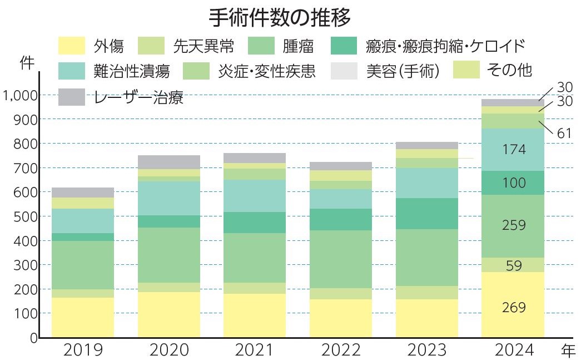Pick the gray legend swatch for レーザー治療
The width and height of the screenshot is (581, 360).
point(72,97)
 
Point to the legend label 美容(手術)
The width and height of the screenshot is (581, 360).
point(403,71)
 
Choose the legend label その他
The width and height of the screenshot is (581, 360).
point(509,71)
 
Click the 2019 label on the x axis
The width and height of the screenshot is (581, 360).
point(83,351)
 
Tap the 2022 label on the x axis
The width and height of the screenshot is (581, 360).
point(341,351)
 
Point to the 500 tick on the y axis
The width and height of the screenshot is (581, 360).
point(26,217)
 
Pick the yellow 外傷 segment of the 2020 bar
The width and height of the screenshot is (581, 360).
point(169,314)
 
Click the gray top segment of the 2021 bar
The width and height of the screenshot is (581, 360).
point(255,158)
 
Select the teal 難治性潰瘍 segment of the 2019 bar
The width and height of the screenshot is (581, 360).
point(83,221)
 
